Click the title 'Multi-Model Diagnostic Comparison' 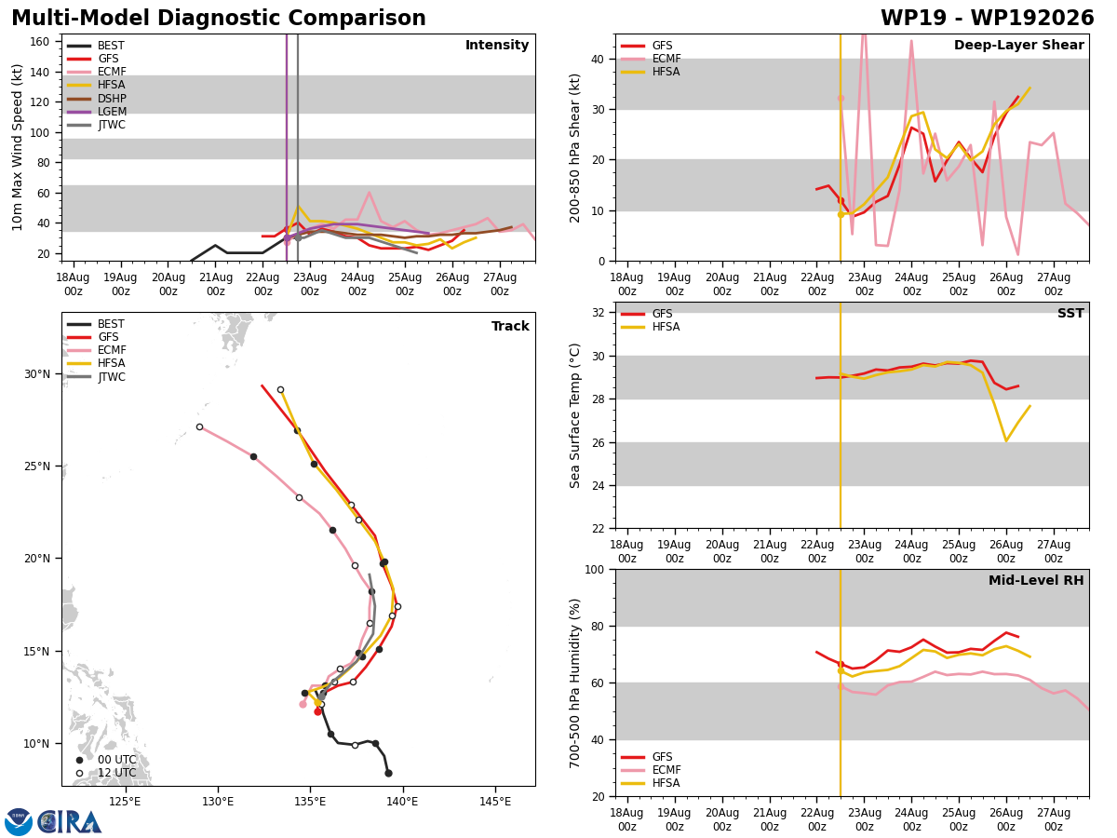(x=219, y=19)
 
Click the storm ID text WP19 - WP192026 (x=988, y=19)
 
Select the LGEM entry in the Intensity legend (x=97, y=112)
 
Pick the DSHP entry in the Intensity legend (x=97, y=98)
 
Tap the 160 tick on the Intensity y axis (x=39, y=42)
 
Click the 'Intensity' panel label (x=497, y=45)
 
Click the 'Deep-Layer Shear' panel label (x=1018, y=45)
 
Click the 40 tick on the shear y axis (x=597, y=59)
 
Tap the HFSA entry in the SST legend (x=650, y=327)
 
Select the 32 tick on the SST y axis (x=598, y=313)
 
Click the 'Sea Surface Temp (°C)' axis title (x=574, y=415)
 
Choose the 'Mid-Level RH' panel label (x=1036, y=580)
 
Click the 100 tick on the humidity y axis (x=594, y=569)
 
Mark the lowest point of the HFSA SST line (x=1006, y=441)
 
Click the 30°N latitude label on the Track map (x=37, y=374)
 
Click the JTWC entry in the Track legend (x=96, y=376)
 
